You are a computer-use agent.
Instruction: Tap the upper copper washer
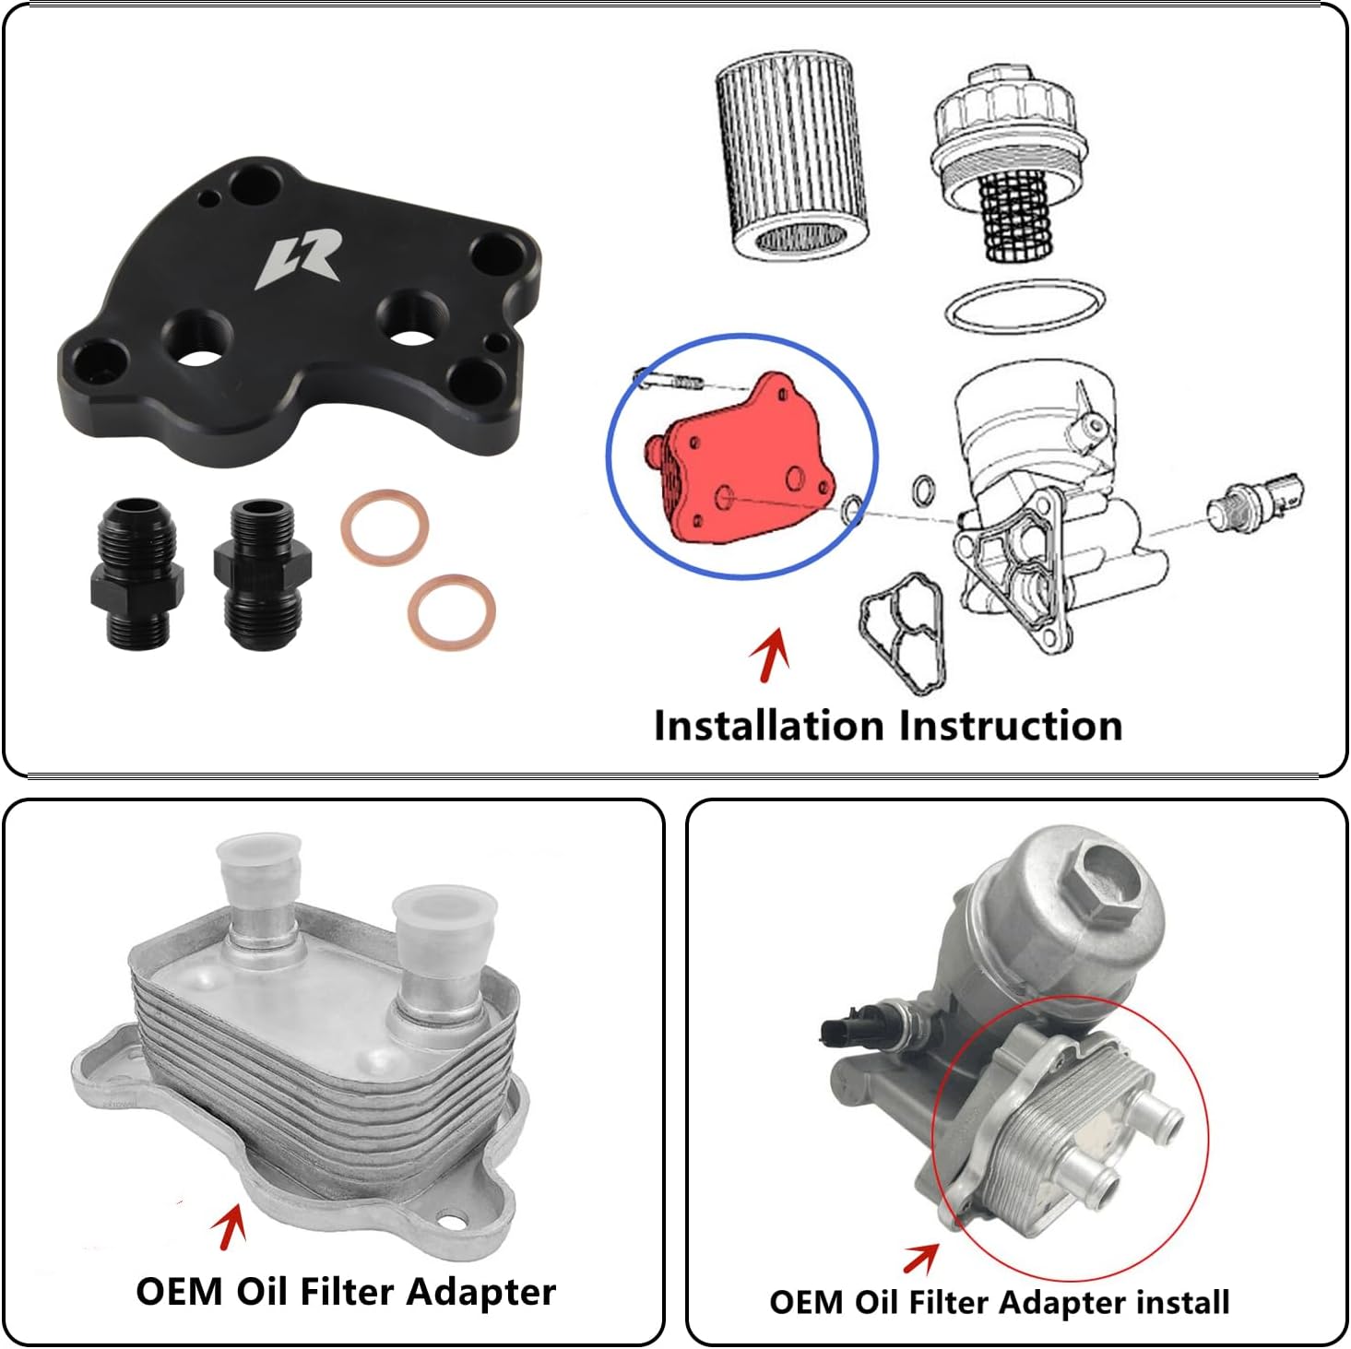(385, 527)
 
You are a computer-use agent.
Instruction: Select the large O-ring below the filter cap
(1025, 305)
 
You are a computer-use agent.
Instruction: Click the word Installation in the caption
(768, 726)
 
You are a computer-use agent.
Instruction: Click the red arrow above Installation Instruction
(770, 653)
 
